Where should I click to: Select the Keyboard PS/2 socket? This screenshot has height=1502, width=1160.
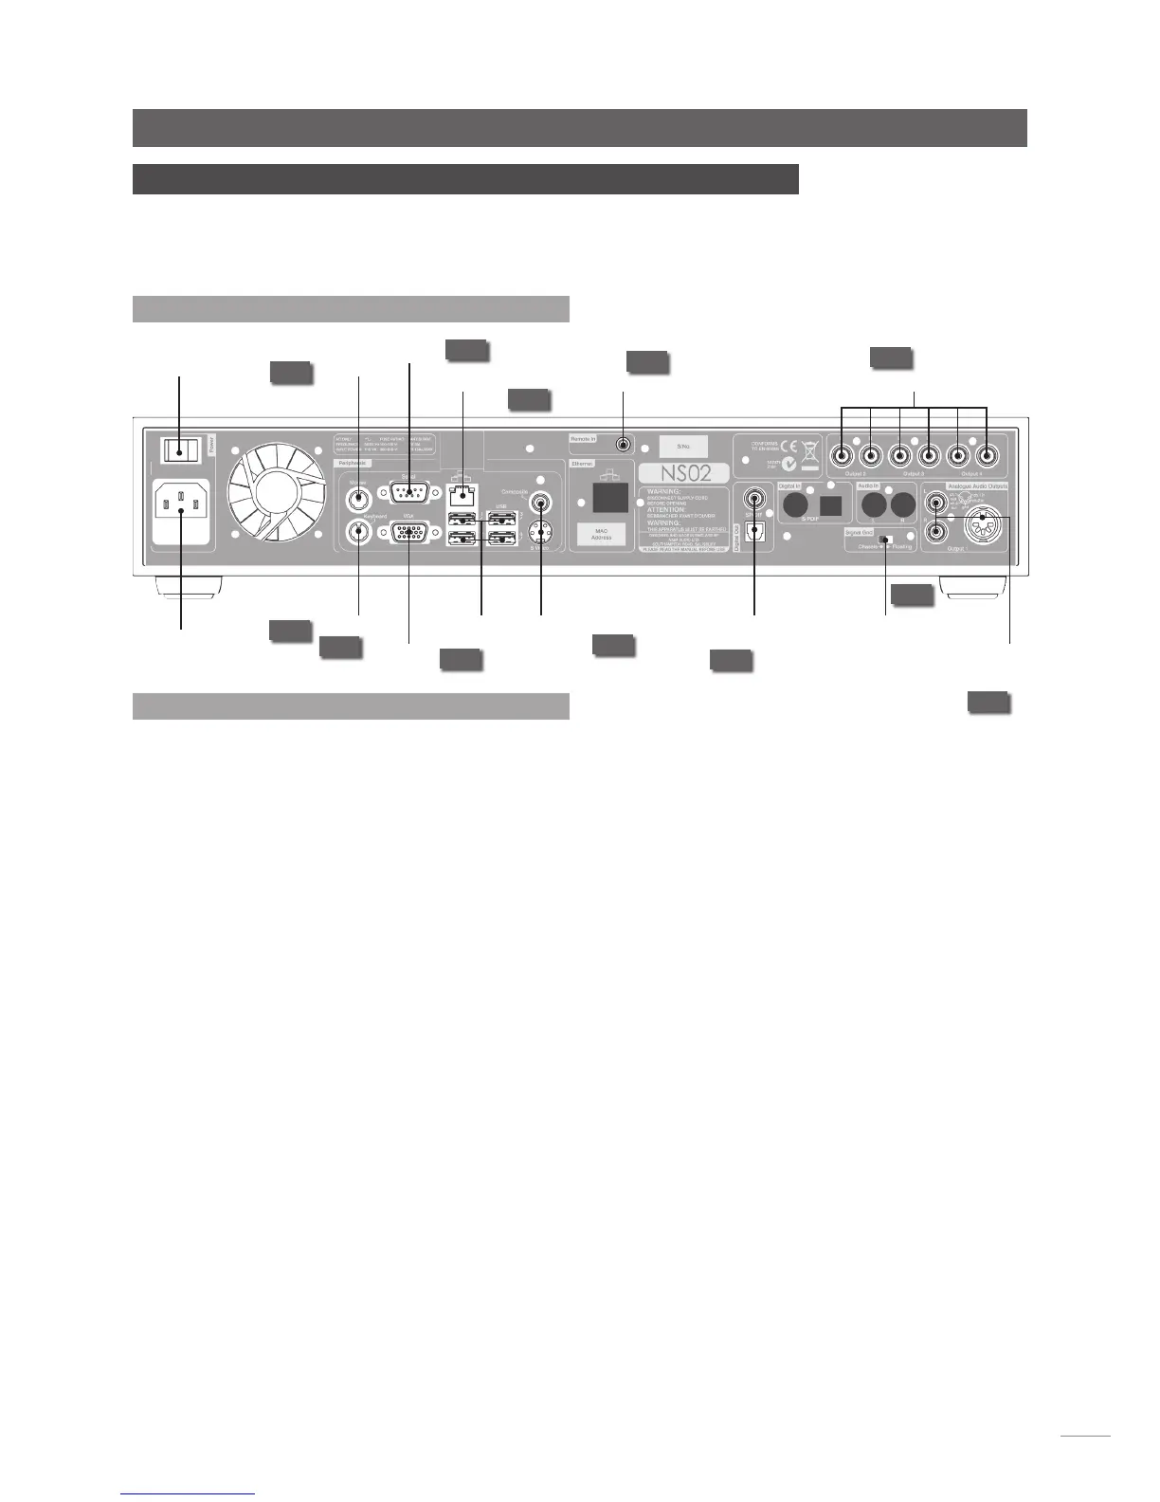pos(358,532)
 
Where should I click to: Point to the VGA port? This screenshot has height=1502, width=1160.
pos(408,533)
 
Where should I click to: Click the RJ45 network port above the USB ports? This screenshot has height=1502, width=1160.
pos(462,495)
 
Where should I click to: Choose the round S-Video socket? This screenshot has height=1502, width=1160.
pos(540,533)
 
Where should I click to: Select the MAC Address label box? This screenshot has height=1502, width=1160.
pos(603,534)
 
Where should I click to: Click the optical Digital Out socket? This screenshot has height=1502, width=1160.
pos(754,531)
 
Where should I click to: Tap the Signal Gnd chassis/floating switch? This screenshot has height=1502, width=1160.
pos(884,540)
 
